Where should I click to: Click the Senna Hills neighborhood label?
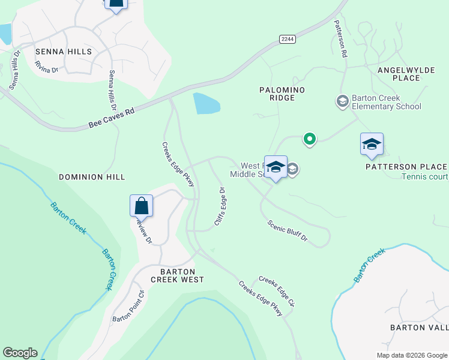point(63,52)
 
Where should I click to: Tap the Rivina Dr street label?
point(46,67)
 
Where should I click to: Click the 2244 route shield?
point(287,39)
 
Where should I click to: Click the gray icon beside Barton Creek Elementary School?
point(342,101)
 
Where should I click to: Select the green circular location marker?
point(309,139)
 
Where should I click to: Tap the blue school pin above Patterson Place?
point(372,145)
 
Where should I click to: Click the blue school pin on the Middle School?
point(276,167)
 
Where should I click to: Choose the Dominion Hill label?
point(92,177)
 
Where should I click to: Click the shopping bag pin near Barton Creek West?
point(141,206)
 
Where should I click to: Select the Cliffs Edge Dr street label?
point(220,207)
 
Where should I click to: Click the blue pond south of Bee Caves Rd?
point(206,104)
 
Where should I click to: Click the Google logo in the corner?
point(20,353)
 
